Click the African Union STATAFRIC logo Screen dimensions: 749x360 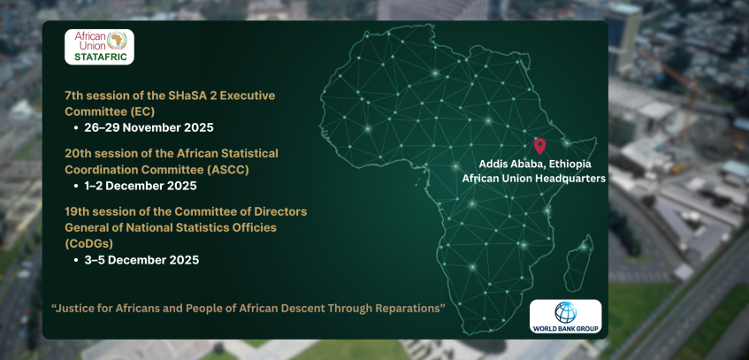(99, 47)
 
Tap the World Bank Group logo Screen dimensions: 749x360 (566, 316)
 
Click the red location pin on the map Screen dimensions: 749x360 (539, 146)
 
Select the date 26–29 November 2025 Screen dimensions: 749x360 (149, 127)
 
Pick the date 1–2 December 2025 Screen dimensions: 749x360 (141, 186)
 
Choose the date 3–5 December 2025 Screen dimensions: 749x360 (141, 260)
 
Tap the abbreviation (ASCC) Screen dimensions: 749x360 (226, 170)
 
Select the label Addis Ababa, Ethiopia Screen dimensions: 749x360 (535, 164)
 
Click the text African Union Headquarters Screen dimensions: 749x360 (533, 179)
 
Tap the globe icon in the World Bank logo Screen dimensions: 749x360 (566, 312)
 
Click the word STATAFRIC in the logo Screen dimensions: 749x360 (100, 57)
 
